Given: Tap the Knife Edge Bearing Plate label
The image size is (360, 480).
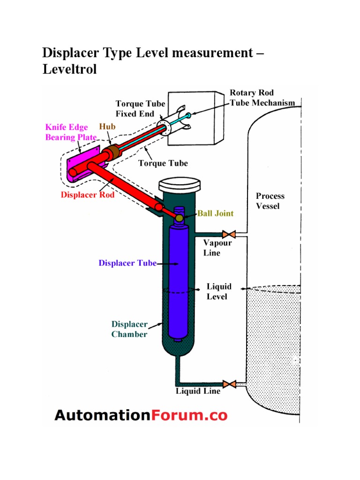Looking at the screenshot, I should (x=70, y=132).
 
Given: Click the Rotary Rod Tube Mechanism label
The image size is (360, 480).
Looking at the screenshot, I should (x=262, y=98).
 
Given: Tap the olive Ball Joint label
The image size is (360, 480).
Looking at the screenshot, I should (x=215, y=213).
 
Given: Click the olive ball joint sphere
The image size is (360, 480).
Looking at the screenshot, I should (x=180, y=218).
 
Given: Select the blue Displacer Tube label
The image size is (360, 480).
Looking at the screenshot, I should (x=127, y=263).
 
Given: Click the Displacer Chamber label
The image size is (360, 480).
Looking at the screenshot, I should (x=129, y=329).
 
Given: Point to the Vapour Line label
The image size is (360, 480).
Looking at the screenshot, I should (x=217, y=247).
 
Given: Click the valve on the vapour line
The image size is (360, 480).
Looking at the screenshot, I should (x=229, y=233).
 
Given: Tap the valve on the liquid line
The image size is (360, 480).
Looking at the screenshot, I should (x=229, y=384).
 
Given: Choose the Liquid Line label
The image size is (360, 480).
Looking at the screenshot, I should (x=198, y=391).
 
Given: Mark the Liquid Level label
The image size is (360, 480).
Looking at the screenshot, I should (x=217, y=292).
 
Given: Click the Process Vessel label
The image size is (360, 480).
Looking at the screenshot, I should (x=270, y=201).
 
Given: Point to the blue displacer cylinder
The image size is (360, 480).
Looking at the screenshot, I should (x=178, y=281).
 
